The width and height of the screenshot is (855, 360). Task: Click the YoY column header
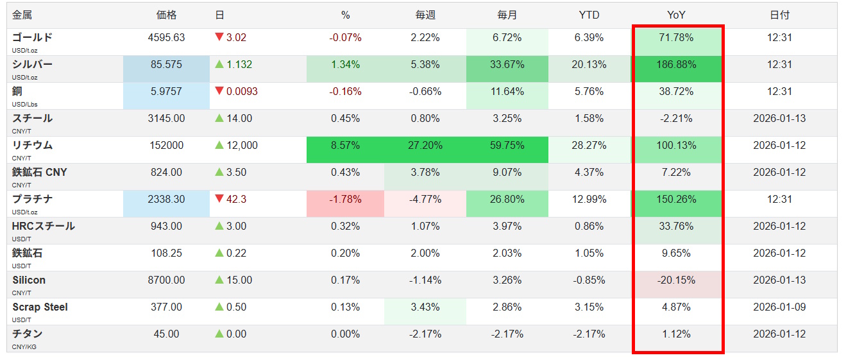tap(676, 15)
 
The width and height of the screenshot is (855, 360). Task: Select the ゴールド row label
tap(32, 37)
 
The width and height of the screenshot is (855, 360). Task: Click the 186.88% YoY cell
tap(676, 65)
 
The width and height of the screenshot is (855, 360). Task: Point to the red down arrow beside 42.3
tap(219, 200)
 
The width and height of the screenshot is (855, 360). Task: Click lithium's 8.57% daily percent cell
tap(345, 146)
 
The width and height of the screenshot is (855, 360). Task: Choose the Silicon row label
tap(29, 280)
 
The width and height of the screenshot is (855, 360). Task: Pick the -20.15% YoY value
tap(676, 280)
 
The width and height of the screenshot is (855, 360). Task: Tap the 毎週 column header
tap(425, 15)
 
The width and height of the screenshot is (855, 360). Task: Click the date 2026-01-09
tap(780, 307)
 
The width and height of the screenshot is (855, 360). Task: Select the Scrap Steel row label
tap(40, 307)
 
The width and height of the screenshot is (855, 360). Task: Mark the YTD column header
tap(589, 15)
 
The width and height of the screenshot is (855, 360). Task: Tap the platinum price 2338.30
tap(166, 200)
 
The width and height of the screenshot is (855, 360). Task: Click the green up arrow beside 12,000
tap(219, 146)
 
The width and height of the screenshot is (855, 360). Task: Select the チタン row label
tap(28, 334)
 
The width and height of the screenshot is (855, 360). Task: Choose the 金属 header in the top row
tap(22, 15)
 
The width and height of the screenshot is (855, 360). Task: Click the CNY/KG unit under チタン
tap(24, 347)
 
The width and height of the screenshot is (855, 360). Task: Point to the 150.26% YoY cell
tap(676, 200)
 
